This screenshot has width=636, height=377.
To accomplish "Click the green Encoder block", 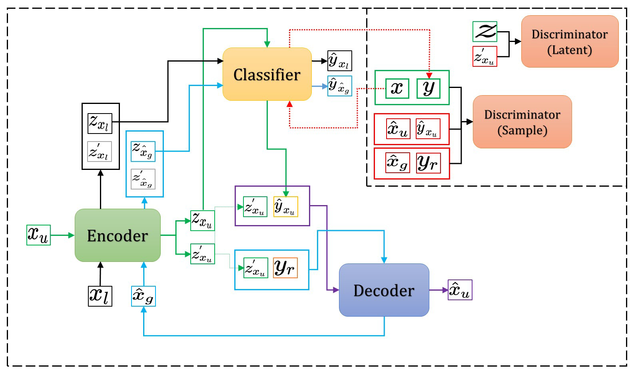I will [x=118, y=235].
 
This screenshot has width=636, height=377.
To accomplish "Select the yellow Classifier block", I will [x=267, y=74].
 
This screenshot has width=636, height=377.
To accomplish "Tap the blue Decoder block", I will [x=384, y=290].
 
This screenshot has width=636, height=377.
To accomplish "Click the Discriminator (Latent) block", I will [x=570, y=42].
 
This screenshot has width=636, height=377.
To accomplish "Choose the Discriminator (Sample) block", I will [x=522, y=122].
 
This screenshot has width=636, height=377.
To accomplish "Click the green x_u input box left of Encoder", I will [x=38, y=235].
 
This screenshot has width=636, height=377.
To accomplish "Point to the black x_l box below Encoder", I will [x=100, y=296].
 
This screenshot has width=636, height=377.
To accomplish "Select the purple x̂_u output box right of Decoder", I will [x=460, y=290].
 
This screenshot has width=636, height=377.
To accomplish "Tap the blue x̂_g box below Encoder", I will [x=143, y=296].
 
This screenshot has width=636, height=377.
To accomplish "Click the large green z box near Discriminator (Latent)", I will [x=484, y=32].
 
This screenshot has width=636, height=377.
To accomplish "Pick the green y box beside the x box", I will [x=428, y=88].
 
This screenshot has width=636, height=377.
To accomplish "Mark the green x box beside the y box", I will [x=397, y=88].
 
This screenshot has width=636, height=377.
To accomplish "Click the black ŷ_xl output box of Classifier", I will [x=339, y=61].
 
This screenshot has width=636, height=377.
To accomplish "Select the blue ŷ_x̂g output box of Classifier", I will [x=339, y=86].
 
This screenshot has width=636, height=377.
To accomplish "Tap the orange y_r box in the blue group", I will [x=285, y=268].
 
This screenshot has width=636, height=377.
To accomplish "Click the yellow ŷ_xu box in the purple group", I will [x=285, y=207].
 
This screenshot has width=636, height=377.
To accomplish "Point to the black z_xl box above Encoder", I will [x=100, y=123].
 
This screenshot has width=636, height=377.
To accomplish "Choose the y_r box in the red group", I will [x=428, y=163].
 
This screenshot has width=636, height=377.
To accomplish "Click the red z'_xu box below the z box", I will [x=484, y=56].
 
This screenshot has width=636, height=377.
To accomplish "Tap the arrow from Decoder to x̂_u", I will [x=439, y=290].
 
